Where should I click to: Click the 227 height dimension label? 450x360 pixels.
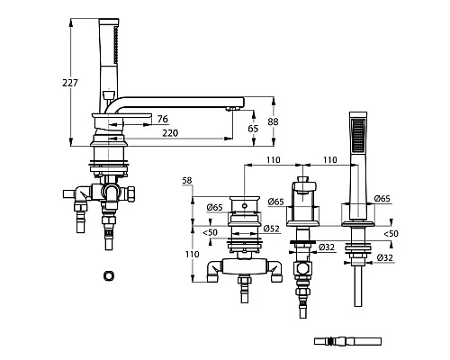click(x=70, y=83)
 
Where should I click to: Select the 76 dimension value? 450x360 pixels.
click(x=163, y=119)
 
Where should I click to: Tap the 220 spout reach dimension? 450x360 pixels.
click(x=170, y=133)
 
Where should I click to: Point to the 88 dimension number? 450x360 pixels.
click(x=273, y=121)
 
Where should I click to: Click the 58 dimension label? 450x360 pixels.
click(x=187, y=181)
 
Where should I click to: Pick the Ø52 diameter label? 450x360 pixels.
click(x=272, y=229)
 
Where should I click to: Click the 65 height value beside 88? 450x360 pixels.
click(x=253, y=129)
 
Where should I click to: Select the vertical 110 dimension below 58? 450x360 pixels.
click(x=192, y=255)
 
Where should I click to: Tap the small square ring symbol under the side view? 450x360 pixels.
click(x=109, y=275)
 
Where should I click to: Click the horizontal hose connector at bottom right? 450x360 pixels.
click(x=347, y=341)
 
